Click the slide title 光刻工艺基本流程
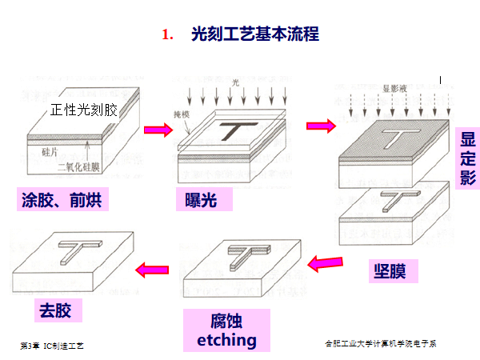click(x=255, y=34)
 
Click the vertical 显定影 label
click(x=468, y=158)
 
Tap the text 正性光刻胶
click(x=83, y=110)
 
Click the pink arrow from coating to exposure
click(x=158, y=129)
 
